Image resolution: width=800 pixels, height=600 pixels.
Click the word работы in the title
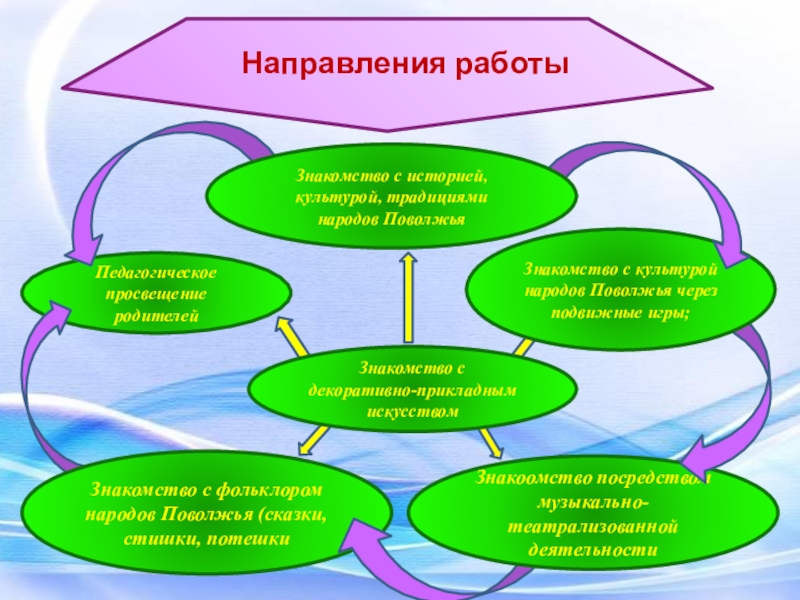(x=509, y=65)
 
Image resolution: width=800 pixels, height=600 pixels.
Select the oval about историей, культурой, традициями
(x=392, y=197)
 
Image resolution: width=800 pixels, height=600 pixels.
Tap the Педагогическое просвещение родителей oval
(x=156, y=295)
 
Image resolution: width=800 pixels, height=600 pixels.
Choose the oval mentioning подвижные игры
(x=621, y=290)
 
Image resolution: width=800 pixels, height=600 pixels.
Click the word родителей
(x=156, y=317)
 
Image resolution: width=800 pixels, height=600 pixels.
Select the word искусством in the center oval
(x=412, y=411)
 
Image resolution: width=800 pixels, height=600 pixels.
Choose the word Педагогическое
(x=156, y=273)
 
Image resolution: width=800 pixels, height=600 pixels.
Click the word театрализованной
(x=593, y=525)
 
